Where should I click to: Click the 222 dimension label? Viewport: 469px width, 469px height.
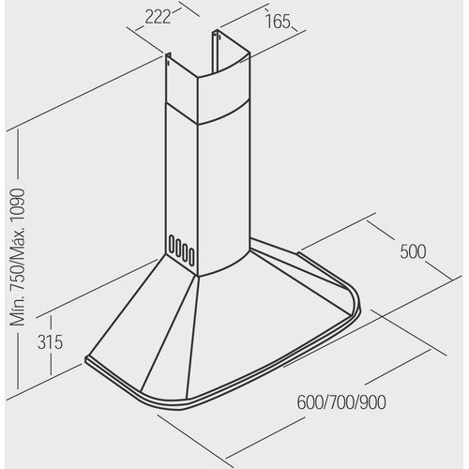point(158,17)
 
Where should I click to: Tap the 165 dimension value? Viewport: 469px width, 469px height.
point(278,22)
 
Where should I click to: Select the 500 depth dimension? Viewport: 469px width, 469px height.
point(413,251)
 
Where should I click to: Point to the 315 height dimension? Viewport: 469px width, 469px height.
point(50,341)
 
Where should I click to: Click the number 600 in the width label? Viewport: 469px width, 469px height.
point(310,402)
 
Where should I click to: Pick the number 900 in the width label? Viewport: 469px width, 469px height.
point(372,402)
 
